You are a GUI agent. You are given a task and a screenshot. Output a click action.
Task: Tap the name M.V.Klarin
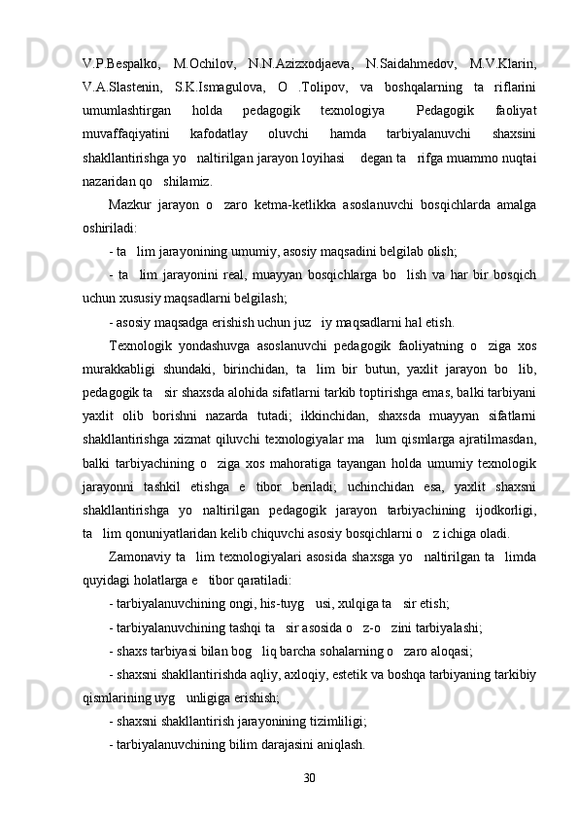(x=502, y=64)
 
